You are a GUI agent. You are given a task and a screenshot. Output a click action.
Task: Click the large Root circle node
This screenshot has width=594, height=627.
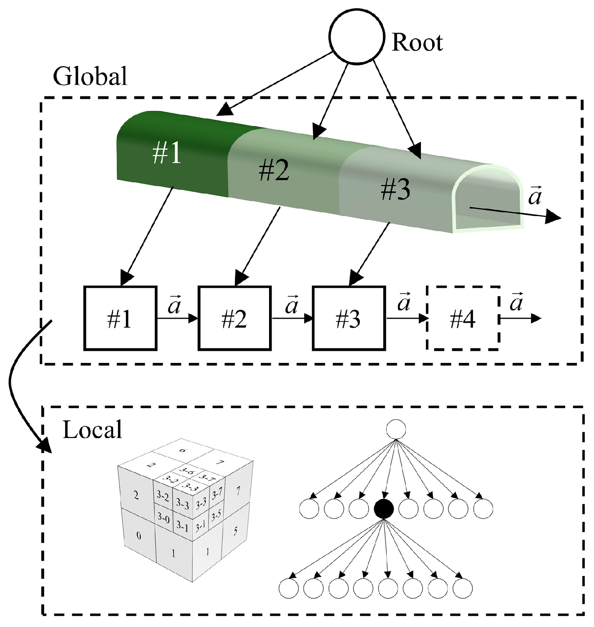pyautogui.click(x=356, y=37)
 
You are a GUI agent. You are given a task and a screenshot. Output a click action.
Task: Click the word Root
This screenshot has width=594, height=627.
pyautogui.click(x=417, y=43)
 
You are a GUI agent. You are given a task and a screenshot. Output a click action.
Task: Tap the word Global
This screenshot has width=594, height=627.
pyautogui.click(x=90, y=76)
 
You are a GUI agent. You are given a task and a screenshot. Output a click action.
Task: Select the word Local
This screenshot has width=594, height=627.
pyautogui.click(x=92, y=430)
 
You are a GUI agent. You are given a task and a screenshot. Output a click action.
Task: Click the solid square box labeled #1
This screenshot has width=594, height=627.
pyautogui.click(x=120, y=318)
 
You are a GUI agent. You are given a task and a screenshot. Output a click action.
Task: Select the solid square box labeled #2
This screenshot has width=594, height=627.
pyautogui.click(x=234, y=318)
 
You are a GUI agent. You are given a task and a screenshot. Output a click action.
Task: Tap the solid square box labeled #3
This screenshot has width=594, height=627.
pyautogui.click(x=349, y=318)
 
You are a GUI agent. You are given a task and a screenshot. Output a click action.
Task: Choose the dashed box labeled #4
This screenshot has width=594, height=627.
pyautogui.click(x=463, y=318)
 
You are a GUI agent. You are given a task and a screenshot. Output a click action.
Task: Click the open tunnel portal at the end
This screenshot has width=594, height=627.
pyautogui.click(x=488, y=198)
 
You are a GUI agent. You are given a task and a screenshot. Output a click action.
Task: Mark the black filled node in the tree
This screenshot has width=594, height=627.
pyautogui.click(x=384, y=509)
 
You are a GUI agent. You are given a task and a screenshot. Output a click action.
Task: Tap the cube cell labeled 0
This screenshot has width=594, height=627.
pyautogui.click(x=138, y=536)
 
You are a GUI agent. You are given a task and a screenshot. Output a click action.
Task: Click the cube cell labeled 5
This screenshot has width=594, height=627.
pyautogui.click(x=236, y=531)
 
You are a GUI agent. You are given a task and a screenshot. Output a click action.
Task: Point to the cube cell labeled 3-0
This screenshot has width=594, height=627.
pyautogui.click(x=163, y=518)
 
